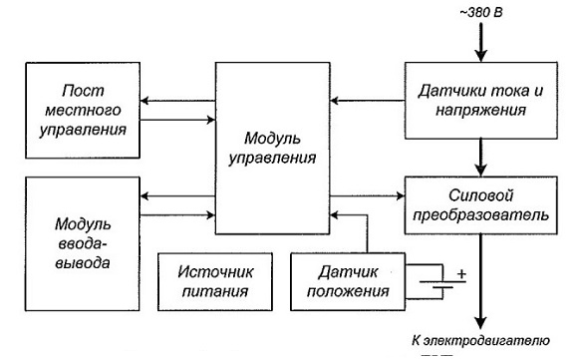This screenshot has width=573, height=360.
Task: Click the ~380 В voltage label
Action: click(x=481, y=12)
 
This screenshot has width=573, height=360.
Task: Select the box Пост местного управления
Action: click(x=83, y=110)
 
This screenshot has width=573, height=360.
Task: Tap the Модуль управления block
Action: click(x=273, y=149)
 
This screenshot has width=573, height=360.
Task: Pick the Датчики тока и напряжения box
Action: click(x=481, y=101)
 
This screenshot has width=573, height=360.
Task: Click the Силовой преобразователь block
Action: click(x=481, y=205)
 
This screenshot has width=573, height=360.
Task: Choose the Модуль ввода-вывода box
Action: click(x=83, y=244)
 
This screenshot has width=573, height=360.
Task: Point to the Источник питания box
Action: click(x=215, y=281)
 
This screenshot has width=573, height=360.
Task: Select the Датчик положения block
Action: click(x=348, y=281)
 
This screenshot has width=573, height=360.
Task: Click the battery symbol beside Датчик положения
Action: click(x=442, y=281)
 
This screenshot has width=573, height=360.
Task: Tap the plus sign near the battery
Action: click(x=462, y=273)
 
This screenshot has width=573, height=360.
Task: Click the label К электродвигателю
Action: click(x=481, y=341)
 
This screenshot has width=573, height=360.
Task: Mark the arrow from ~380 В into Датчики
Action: click(x=481, y=43)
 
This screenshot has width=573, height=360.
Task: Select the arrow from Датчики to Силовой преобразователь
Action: click(x=481, y=158)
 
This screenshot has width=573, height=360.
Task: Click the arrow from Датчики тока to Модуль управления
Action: click(x=368, y=101)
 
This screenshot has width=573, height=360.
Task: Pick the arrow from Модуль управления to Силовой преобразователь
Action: click(x=368, y=196)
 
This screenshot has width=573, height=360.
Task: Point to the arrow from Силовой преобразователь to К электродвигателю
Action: click(x=481, y=281)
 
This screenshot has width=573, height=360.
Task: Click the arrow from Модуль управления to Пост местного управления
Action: click(x=177, y=101)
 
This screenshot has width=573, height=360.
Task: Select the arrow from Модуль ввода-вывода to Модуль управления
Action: click(x=177, y=215)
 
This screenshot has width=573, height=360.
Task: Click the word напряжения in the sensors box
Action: click(x=481, y=111)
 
